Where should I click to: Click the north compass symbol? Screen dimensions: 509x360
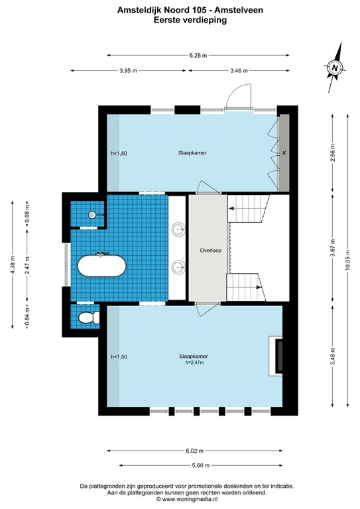click(x=335, y=68)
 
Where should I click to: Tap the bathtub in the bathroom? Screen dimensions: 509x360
click(x=101, y=266)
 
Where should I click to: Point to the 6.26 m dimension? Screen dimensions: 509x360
click(x=198, y=56)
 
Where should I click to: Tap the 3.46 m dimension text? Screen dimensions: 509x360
click(x=240, y=70)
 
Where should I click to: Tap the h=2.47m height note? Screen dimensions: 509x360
click(x=192, y=363)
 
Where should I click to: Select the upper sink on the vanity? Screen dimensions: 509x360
click(x=178, y=230)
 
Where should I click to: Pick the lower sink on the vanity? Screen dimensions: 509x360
click(x=178, y=268)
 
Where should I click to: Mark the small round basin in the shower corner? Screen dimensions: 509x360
click(x=93, y=215)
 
